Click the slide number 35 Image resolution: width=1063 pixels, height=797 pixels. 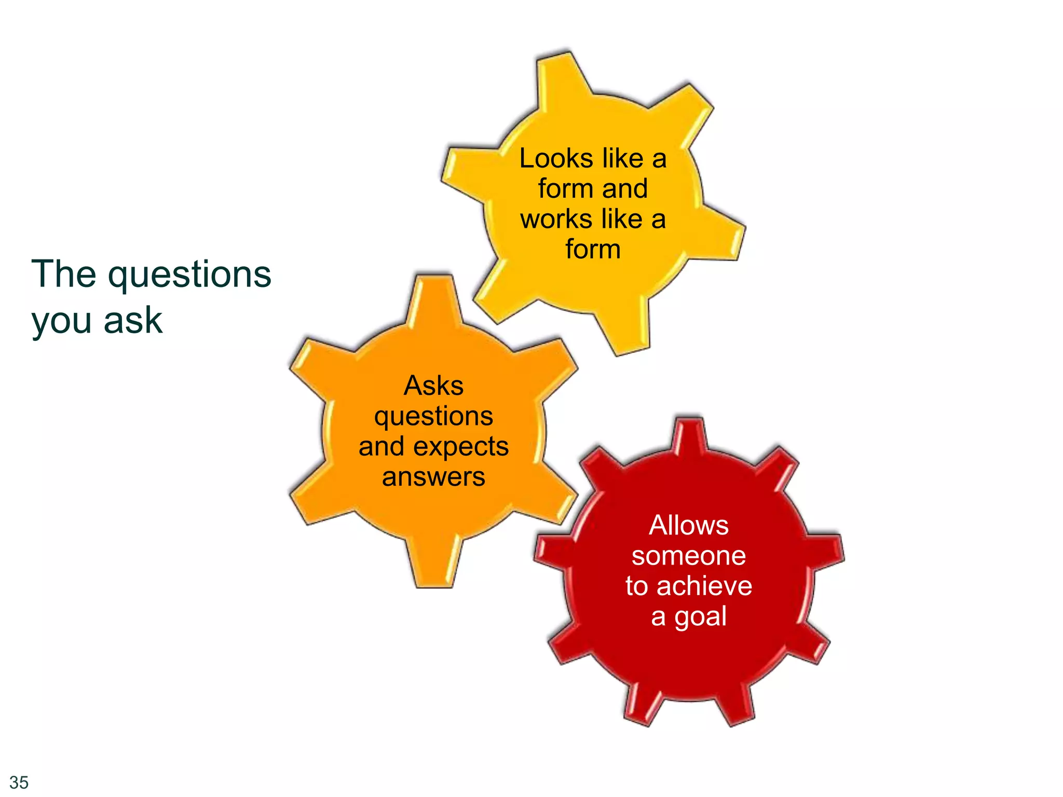(19, 782)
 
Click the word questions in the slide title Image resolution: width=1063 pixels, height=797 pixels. (189, 275)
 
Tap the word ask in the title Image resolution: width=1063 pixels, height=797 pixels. (133, 320)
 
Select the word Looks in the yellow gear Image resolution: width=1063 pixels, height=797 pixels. (556, 158)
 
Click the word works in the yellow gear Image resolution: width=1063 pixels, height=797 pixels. (556, 219)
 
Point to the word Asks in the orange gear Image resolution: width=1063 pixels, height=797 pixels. (434, 386)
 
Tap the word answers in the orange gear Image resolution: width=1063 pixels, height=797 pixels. (434, 477)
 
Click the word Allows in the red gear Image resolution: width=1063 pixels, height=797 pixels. (689, 525)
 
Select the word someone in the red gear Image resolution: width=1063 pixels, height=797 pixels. (689, 556)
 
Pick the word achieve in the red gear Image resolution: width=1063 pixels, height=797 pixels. (704, 586)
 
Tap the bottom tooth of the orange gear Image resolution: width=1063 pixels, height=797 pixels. (434, 566)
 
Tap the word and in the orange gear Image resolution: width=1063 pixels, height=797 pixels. (381, 447)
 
